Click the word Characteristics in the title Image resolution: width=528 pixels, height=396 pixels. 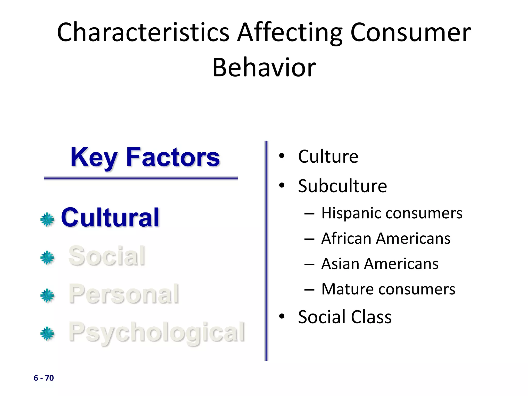(143, 33)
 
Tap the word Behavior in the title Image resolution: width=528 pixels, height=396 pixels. (264, 68)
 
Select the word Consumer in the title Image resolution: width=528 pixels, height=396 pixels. (410, 33)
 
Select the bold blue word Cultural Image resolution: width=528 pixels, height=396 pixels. (110, 218)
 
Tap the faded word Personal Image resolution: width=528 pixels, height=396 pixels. (124, 294)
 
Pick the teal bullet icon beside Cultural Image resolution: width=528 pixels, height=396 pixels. (47, 220)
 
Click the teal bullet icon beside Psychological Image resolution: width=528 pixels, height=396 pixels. (47, 334)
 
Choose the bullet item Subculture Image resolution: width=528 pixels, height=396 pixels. (342, 186)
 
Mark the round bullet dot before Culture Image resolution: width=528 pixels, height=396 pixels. (282, 156)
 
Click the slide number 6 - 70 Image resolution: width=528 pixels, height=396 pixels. (44, 378)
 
